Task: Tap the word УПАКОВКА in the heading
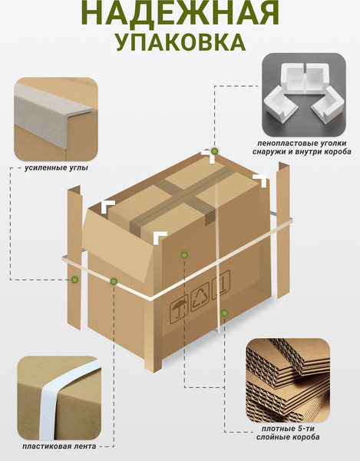[180, 41]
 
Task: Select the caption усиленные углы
[56, 168]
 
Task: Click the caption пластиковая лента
[59, 446]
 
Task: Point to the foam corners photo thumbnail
[304, 95]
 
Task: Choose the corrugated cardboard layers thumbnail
[288, 380]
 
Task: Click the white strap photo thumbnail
[59, 398]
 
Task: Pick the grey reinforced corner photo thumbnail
[56, 119]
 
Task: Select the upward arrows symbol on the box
[221, 284]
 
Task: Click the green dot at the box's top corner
[215, 151]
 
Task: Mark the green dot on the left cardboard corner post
[75, 280]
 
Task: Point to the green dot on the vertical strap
[224, 313]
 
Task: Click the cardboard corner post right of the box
[283, 230]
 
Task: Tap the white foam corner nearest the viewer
[160, 237]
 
